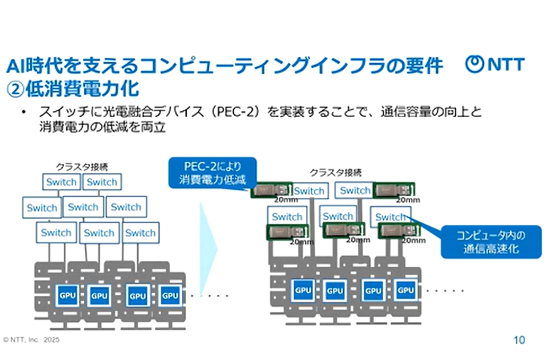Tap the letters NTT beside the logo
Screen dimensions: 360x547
point(504,65)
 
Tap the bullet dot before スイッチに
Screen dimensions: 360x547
point(23,112)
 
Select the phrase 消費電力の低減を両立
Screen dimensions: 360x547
point(103,128)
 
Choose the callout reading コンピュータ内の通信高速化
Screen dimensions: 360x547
point(490,242)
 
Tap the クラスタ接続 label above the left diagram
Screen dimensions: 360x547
point(82,167)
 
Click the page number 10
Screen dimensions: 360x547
point(519,339)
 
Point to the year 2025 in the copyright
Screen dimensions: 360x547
point(51,339)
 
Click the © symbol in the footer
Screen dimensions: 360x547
point(5,339)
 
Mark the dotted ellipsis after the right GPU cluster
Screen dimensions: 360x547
point(445,290)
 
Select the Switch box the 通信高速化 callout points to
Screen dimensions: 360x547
point(390,216)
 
